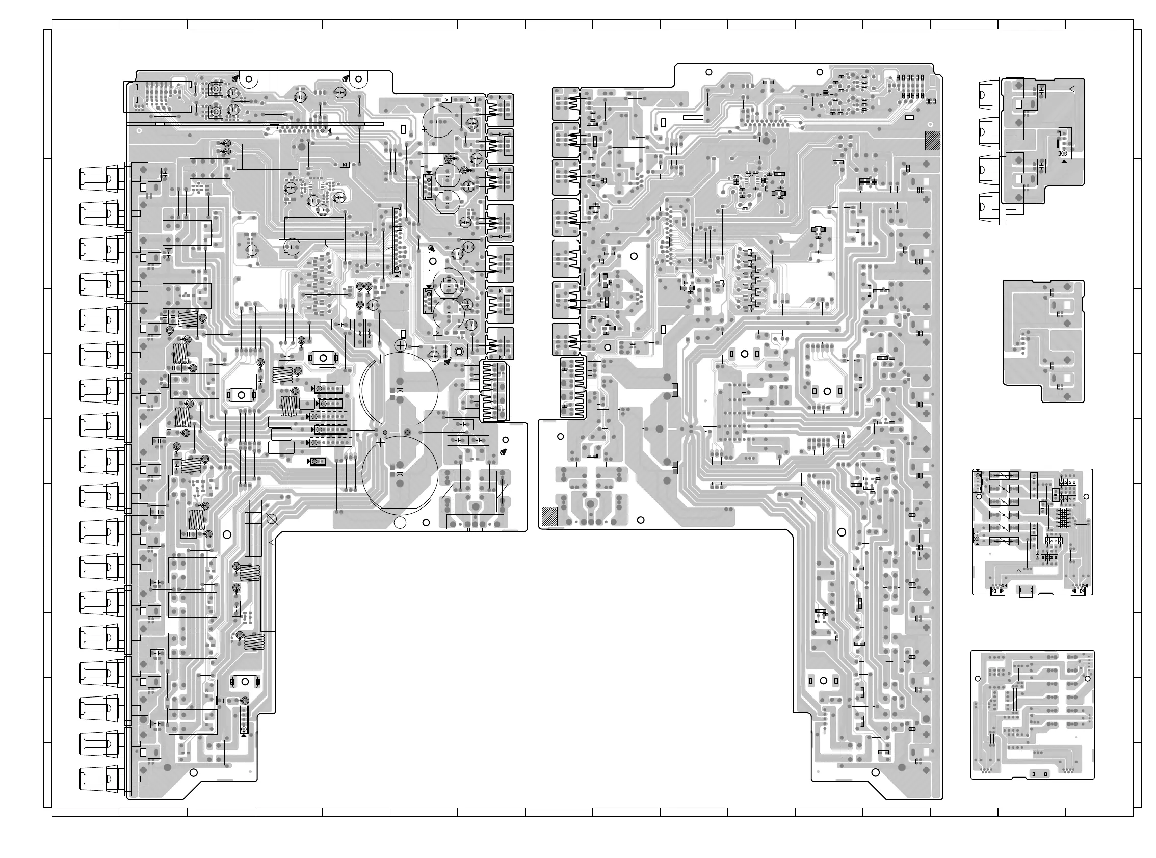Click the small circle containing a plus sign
pyautogui.click(x=401, y=345)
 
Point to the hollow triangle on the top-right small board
pyautogui.click(x=1071, y=89)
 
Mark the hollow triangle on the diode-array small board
pyautogui.click(x=1018, y=571)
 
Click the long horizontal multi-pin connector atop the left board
pyautogui.click(x=302, y=130)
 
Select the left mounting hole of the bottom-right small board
pyautogui.click(x=978, y=679)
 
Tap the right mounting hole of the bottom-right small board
pyautogui.click(x=1086, y=678)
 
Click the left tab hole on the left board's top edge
pyautogui.click(x=248, y=79)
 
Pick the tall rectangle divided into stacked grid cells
pyautogui.click(x=253, y=528)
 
